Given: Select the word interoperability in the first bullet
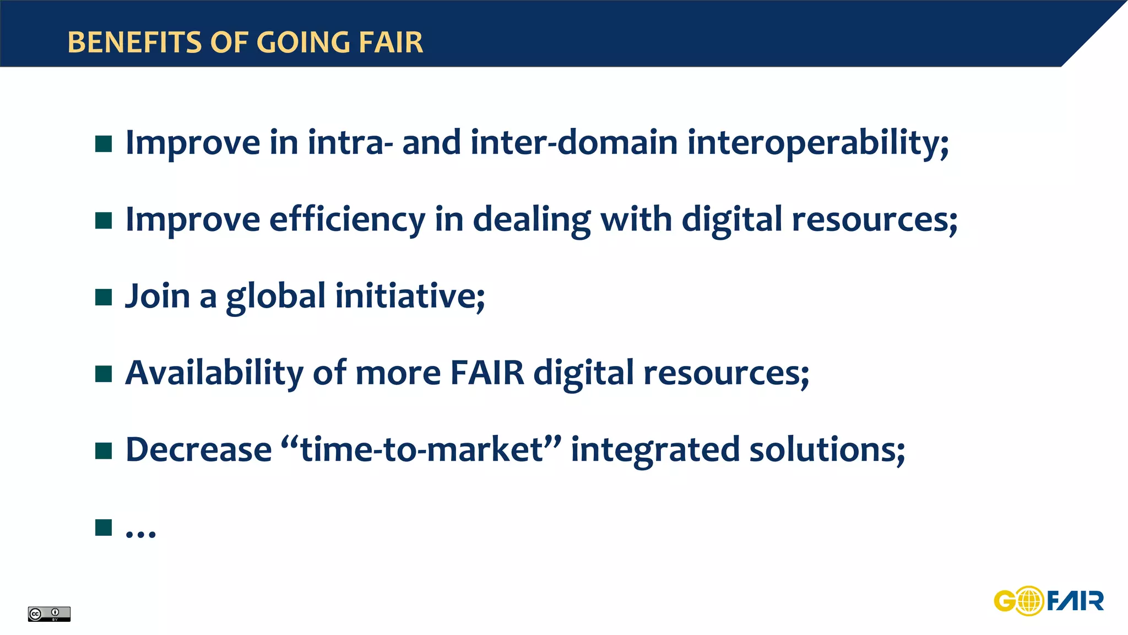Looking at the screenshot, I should pos(818,143).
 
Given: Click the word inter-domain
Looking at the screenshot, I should pos(574,143).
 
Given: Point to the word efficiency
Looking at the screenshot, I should pos(347,220).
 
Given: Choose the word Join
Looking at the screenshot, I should pos(158,297).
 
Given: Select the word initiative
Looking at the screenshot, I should pos(410,297).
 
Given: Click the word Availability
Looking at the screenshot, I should pos(214,373).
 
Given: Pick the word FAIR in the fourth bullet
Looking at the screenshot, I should pos(487,373).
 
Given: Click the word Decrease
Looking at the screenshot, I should pos(198,450).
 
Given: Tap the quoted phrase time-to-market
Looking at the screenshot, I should pos(421,450).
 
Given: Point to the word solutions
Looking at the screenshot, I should pos(826,450).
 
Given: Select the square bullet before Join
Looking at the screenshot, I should pos(104,297).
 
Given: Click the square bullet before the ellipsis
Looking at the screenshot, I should pos(104,528).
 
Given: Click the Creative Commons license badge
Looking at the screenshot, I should pos(49,614).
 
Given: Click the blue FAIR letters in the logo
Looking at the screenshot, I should pos(1075,601).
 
